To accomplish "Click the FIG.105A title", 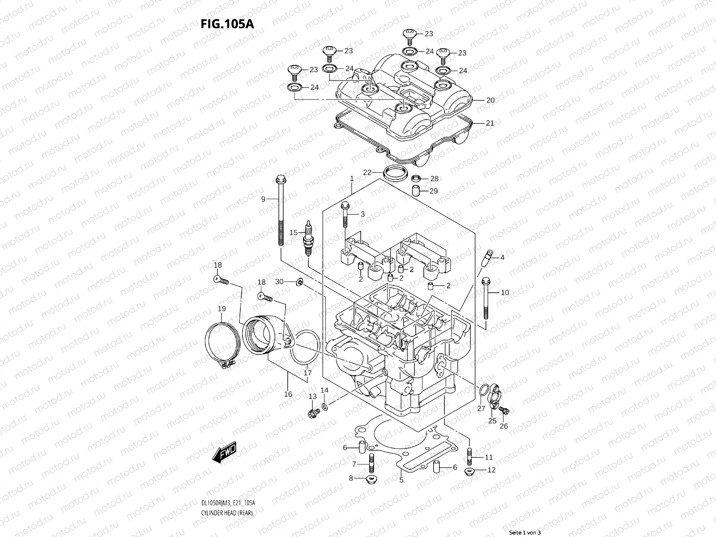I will pos(227,23).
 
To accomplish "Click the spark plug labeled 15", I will pos(307,238).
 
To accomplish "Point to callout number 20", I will pos(490,100).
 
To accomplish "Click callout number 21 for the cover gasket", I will pos(490,123).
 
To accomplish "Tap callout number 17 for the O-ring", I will pos(308,372).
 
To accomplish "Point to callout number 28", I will pos(434,179).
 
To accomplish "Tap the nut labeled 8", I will pos(371,480).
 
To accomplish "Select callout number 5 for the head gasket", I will pos(401,480).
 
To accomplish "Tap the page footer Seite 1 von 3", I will pos(525,533).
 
